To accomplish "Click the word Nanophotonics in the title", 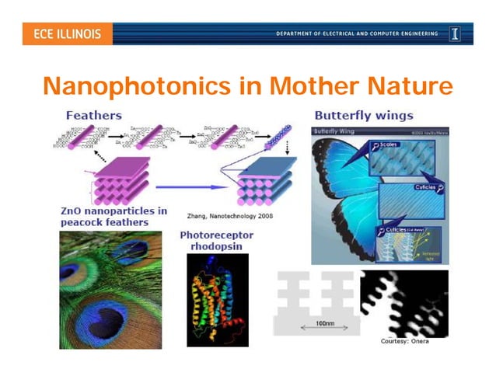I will click(x=138, y=85).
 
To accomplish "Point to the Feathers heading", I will click(x=93, y=116).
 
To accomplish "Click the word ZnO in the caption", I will click(x=72, y=211).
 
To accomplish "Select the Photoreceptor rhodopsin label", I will click(x=217, y=239).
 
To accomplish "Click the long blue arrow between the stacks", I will click(x=192, y=186).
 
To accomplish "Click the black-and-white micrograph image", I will click(x=403, y=303).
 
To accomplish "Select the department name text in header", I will click(x=357, y=34).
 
